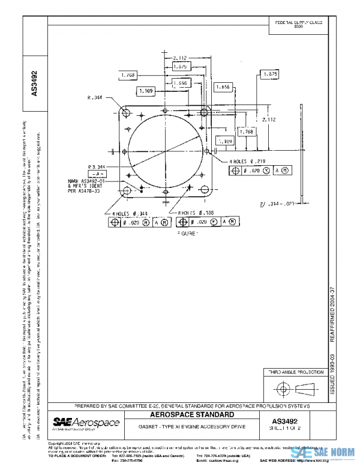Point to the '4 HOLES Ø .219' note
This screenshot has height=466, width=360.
pos(247,162)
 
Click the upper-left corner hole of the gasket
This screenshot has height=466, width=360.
pos(125,113)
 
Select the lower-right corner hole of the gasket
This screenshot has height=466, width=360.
pos(205,191)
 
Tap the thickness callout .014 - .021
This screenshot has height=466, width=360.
pos(277,204)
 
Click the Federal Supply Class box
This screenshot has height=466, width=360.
pos(299,24)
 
